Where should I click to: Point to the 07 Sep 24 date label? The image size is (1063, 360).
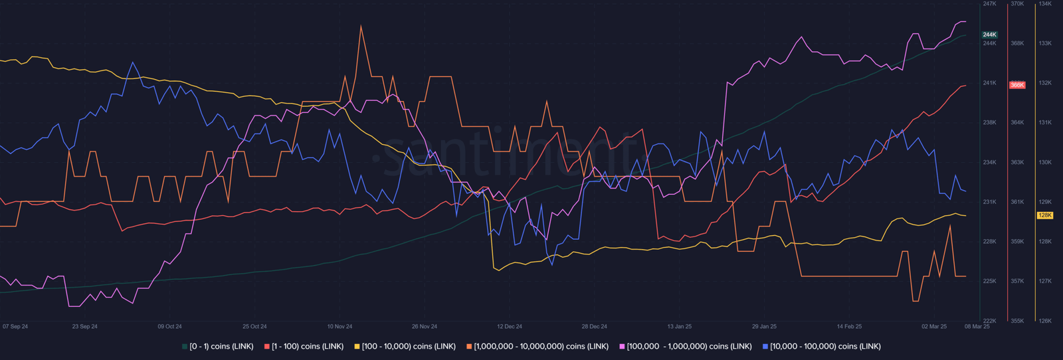[x=15, y=327]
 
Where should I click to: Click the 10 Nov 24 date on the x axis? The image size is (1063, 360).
[x=339, y=327]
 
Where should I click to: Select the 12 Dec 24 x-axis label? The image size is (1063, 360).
[x=510, y=327]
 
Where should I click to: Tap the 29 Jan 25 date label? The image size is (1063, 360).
[x=764, y=327]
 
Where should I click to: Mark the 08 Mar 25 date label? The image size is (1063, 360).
[x=977, y=327]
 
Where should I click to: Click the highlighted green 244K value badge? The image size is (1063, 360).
[x=989, y=35]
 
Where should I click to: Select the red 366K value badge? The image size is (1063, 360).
[x=1017, y=85]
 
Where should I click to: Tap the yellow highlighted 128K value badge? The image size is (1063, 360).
[x=1044, y=215]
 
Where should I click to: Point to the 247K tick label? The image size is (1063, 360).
[x=989, y=4]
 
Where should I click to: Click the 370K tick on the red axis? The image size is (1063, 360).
[x=1017, y=4]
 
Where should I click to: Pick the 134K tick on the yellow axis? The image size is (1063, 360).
[x=1045, y=4]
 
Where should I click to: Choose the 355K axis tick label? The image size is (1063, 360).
[x=1017, y=321]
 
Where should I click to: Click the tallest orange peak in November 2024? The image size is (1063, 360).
[x=361, y=26]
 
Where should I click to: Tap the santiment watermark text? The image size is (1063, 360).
[x=505, y=156]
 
